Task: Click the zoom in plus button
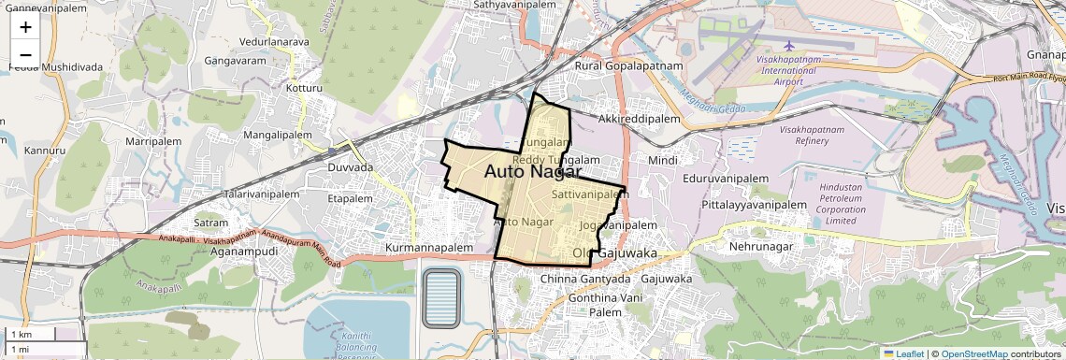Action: point(25,27)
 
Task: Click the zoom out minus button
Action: point(25,54)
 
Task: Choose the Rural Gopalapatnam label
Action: point(629,67)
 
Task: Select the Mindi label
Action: point(662,161)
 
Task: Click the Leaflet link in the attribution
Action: point(903,353)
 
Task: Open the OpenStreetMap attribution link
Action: point(974,353)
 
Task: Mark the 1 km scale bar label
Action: point(21,334)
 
